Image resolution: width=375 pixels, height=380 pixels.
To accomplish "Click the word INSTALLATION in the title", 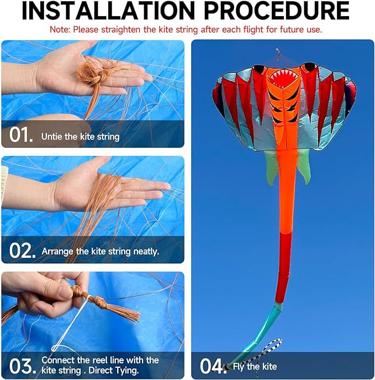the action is tap(108, 11).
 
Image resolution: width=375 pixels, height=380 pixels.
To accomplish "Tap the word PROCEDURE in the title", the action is tap(277, 11).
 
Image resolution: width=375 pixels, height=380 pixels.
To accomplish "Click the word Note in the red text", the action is tap(60, 29).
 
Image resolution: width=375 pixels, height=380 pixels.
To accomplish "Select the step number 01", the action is tap(21, 134).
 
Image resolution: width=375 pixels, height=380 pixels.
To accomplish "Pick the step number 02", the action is tap(22, 251).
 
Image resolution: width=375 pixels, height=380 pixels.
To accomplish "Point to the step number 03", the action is tap(23, 366).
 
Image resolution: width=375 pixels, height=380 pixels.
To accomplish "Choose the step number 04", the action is tap(213, 366).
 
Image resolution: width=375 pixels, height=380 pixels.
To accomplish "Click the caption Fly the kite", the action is tap(255, 366).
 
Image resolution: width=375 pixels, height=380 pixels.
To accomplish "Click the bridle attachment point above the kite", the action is tap(278, 51).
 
